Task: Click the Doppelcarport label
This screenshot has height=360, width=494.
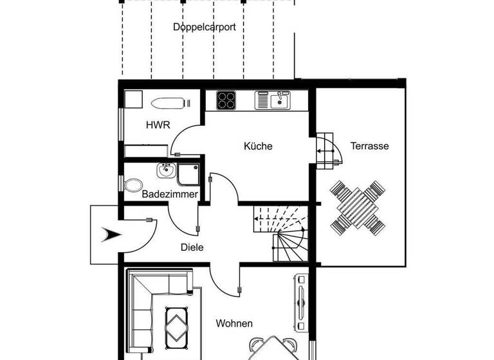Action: [x=204, y=27]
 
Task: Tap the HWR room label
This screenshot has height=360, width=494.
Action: [x=158, y=125]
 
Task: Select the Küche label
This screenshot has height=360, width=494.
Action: [x=258, y=146]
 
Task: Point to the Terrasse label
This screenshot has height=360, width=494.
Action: [x=369, y=146]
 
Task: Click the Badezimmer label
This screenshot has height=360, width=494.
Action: [x=170, y=194]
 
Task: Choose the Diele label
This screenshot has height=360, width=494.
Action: [x=192, y=246]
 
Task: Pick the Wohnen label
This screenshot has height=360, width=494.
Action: [x=234, y=323]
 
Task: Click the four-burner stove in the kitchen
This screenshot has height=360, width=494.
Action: [x=226, y=100]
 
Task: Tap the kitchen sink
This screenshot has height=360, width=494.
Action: [x=273, y=100]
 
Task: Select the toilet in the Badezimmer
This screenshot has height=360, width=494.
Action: [x=134, y=184]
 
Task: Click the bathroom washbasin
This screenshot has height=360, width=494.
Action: [x=165, y=171]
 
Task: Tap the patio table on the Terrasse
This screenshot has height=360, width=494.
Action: [x=358, y=207]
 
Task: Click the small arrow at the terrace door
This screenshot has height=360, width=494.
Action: [x=322, y=152]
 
